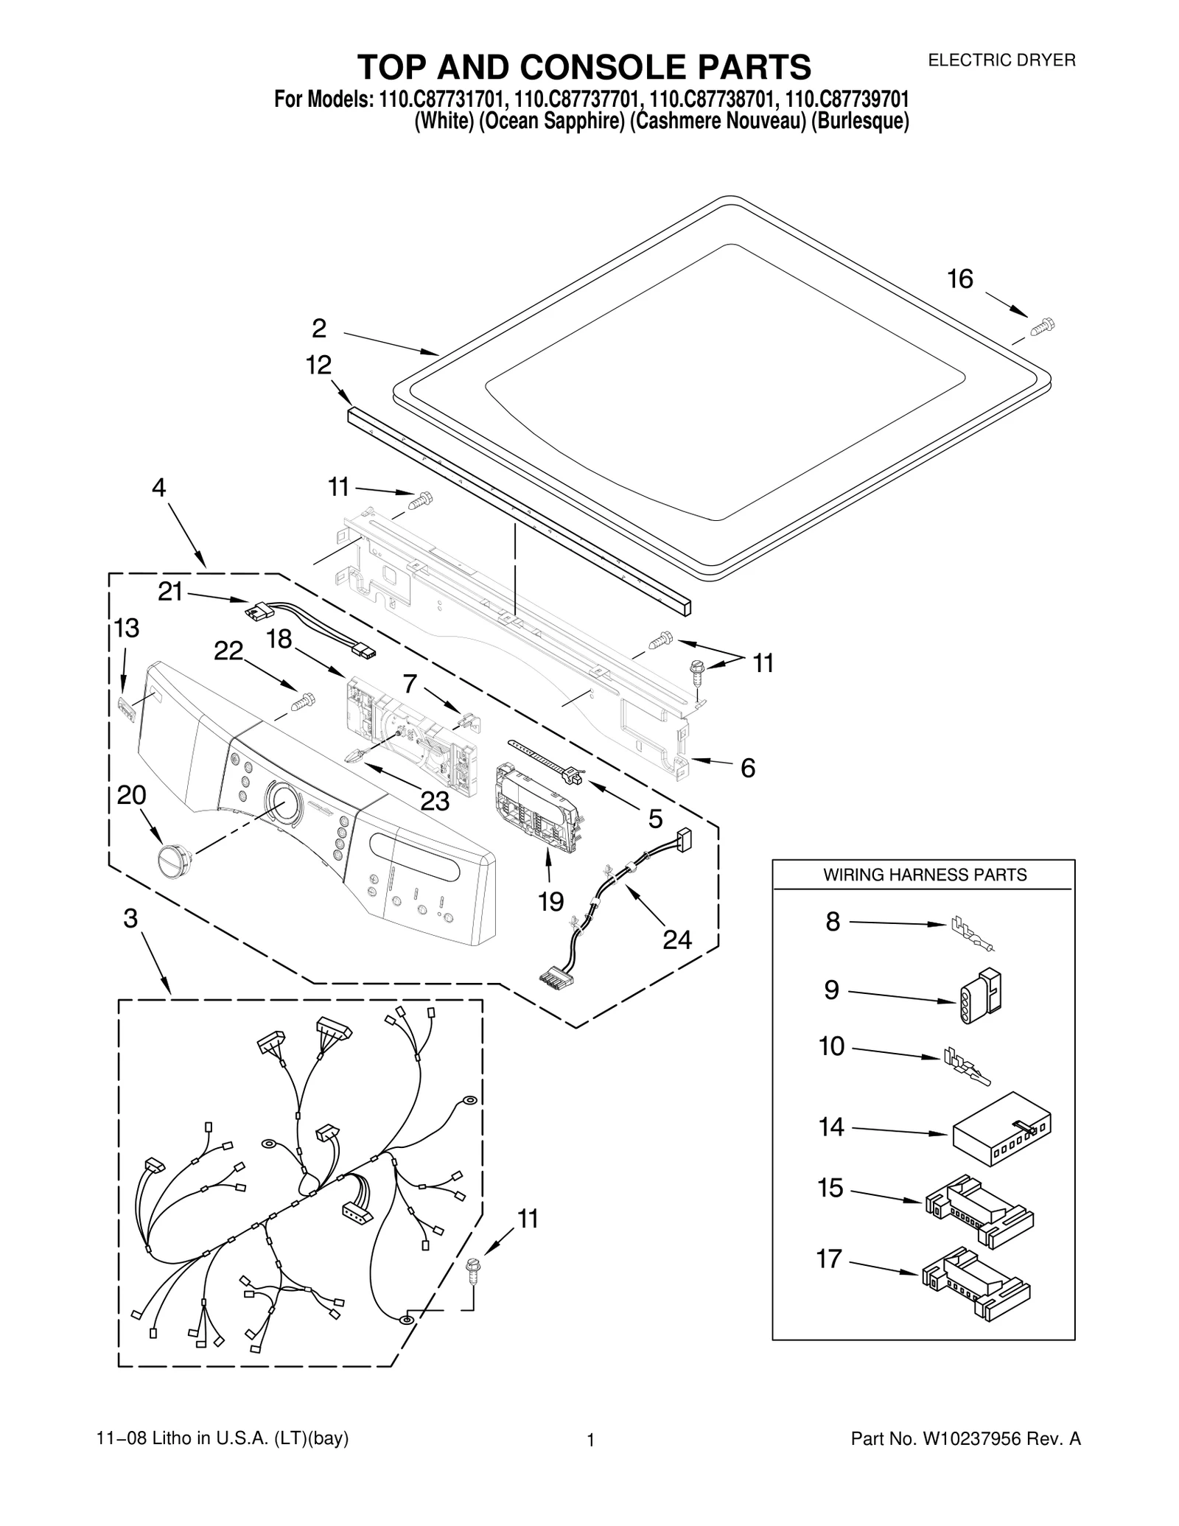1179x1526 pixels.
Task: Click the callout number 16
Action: (x=959, y=279)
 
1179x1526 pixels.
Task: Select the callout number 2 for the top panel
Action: (x=318, y=329)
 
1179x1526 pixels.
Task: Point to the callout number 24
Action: (x=676, y=939)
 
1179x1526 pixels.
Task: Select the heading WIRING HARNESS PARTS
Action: (x=924, y=875)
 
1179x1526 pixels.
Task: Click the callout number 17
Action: (x=828, y=1259)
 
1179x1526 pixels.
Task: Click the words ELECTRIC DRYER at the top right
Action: (x=1001, y=61)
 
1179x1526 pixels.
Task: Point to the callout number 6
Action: (x=747, y=769)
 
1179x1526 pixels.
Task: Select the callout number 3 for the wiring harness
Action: (x=130, y=919)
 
